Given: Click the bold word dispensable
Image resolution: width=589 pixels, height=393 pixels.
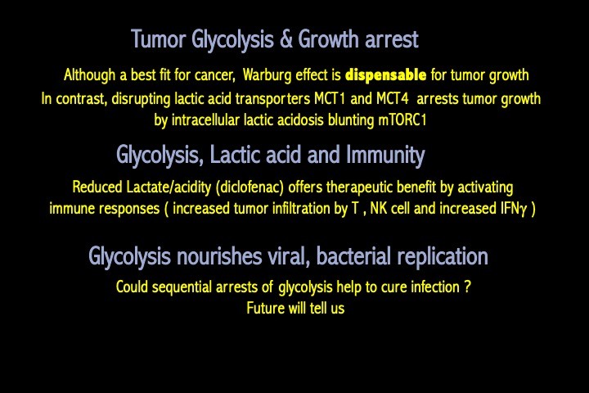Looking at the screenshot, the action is (x=385, y=75).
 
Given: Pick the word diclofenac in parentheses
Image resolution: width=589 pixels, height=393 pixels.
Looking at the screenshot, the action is (x=250, y=187).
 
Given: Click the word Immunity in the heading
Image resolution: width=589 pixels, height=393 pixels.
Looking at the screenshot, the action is (x=385, y=156).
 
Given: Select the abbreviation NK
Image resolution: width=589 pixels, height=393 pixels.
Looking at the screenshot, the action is (x=379, y=208).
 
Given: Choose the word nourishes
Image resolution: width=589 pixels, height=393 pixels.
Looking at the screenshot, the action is (x=219, y=256).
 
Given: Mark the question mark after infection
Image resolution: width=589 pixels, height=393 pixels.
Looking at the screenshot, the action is (x=467, y=287).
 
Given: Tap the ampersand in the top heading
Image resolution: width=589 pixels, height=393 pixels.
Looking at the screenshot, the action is (x=286, y=39).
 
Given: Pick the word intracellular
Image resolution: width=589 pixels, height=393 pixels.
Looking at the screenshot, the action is (x=205, y=120).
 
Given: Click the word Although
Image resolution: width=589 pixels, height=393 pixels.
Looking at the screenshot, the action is (x=89, y=75).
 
